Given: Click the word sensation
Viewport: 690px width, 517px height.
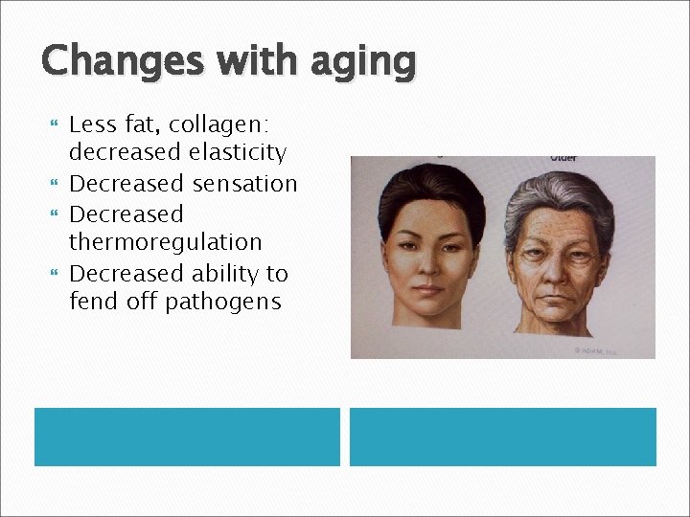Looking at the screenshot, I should point(243,183).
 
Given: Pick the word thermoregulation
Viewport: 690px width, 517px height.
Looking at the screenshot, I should point(165,242).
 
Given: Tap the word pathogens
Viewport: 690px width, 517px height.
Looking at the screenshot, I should point(222,302).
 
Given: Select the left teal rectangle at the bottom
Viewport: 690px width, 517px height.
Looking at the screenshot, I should point(187,437).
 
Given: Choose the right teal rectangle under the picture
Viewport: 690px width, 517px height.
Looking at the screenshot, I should point(502,437).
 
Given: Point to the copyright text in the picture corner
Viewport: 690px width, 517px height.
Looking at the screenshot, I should point(595,351).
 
